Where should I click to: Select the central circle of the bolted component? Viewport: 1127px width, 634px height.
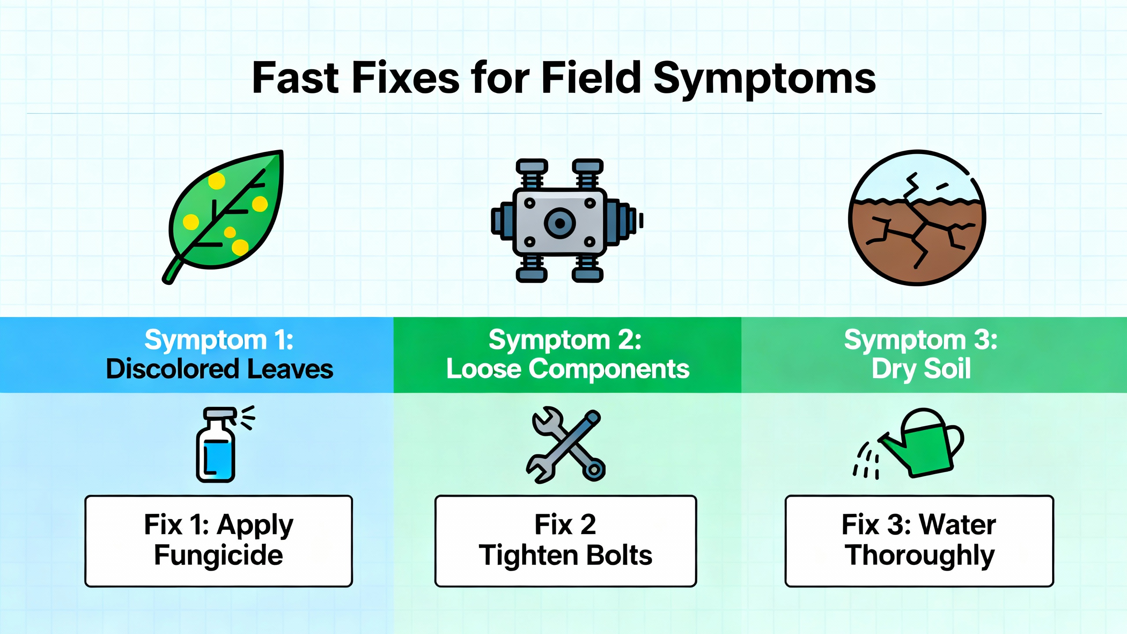[x=560, y=223]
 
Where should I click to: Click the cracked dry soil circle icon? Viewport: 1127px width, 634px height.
[x=917, y=218]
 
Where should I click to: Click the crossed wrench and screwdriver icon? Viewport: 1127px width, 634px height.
[x=566, y=446]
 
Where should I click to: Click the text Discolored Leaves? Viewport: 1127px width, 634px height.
[x=219, y=369]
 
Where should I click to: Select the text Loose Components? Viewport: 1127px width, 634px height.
[x=567, y=369]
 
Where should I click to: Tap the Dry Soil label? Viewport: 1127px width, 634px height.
[x=921, y=369]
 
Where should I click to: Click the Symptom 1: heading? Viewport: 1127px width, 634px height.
[x=219, y=340]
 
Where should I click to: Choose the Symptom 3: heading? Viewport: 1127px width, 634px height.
[x=921, y=340]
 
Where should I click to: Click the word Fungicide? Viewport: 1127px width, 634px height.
[x=218, y=555]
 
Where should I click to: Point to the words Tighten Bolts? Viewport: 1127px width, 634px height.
[x=565, y=555]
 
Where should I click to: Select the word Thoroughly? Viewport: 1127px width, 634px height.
[x=919, y=556]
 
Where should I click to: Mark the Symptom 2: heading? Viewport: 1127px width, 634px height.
[x=565, y=340]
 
